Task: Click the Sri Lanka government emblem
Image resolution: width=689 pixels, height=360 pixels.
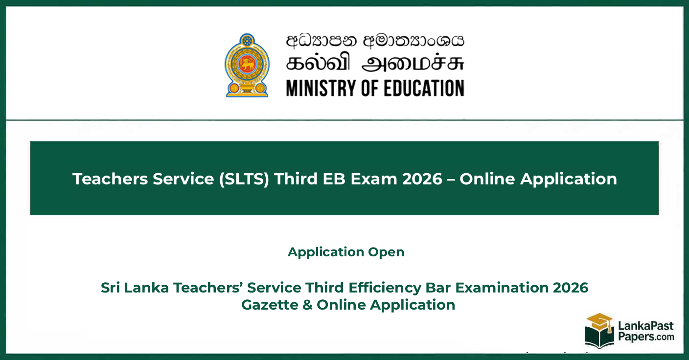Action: (x=247, y=65)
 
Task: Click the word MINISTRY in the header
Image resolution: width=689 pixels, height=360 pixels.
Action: (x=322, y=88)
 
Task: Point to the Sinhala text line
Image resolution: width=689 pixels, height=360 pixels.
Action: (x=375, y=41)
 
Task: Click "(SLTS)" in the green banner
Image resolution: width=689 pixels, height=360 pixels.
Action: (x=244, y=179)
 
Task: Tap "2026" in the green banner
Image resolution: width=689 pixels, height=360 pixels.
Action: (x=422, y=179)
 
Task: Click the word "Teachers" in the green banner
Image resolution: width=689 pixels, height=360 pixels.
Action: (x=110, y=179)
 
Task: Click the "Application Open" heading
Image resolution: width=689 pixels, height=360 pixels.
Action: (x=346, y=252)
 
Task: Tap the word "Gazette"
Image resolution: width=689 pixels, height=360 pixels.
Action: (x=270, y=305)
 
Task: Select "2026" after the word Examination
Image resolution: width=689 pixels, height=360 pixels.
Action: (x=571, y=288)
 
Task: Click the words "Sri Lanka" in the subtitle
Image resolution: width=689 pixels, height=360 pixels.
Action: (x=135, y=288)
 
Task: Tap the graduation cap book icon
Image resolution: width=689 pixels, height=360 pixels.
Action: (x=599, y=331)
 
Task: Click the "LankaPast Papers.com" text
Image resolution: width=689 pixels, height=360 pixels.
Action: (x=646, y=331)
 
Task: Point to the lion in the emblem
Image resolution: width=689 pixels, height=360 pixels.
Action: (x=247, y=64)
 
